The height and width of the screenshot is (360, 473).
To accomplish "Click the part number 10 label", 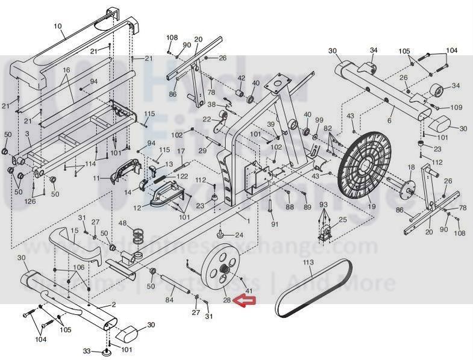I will pos(58,25).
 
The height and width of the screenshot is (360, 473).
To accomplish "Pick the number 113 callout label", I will pos(309,263).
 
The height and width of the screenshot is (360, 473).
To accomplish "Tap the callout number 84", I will pos(169,299).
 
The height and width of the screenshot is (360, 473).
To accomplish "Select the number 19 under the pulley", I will pos(371,206).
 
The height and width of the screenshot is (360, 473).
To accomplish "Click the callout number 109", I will pos(456,107).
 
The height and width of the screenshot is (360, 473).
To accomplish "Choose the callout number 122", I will pos(181,176).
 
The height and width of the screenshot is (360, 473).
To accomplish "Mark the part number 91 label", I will pos(274,225).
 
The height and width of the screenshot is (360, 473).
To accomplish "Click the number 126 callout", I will pos(30,201).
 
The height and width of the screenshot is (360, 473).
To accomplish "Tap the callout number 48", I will pos(122,223).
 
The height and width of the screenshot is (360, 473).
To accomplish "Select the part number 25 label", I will pos(342,220).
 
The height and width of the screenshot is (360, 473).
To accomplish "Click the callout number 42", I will pos(241,78).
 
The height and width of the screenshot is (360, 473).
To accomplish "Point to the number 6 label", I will pos(389,121).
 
